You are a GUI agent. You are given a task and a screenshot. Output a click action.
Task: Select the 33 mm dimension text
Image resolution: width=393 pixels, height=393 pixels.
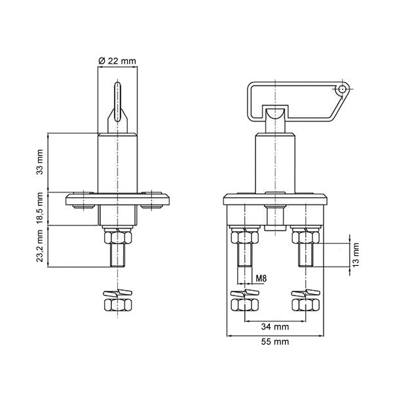(40, 162)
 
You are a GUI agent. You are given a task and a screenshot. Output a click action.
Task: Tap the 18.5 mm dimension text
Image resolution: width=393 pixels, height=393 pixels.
(40, 208)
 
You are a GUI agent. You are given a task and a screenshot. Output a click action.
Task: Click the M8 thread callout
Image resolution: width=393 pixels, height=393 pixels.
(261, 278)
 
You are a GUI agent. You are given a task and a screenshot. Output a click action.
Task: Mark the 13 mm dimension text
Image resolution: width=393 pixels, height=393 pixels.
(356, 254)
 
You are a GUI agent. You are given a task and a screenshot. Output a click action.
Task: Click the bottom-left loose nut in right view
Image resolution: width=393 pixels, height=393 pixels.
(244, 305)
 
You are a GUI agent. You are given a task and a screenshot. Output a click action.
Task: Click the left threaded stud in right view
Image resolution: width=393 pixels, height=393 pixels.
(244, 255)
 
